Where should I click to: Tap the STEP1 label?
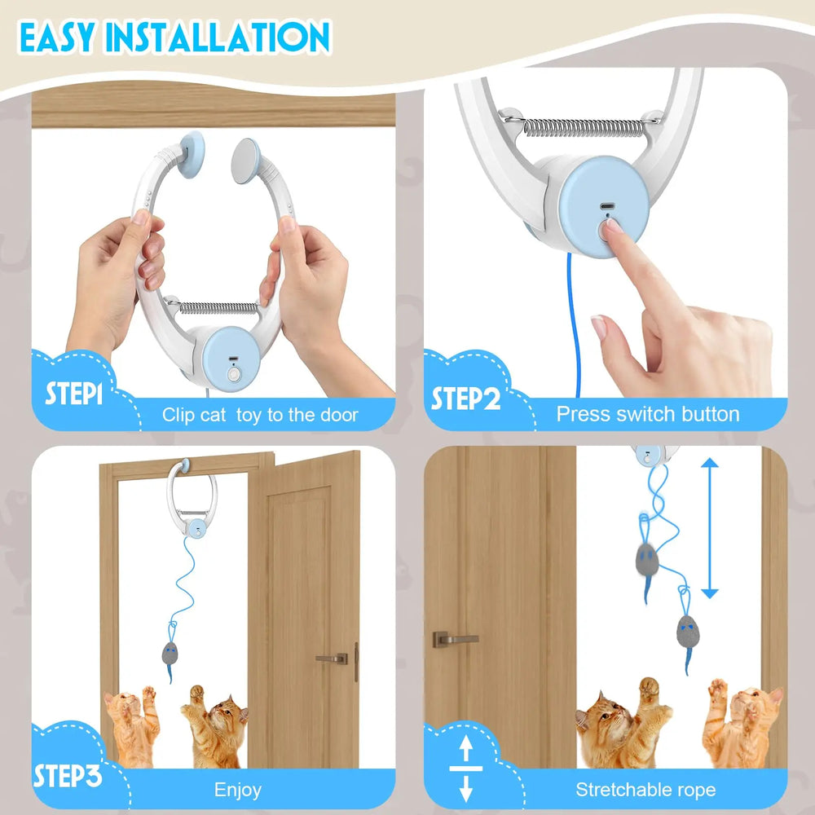click(73, 395)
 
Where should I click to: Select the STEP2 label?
click(465, 399)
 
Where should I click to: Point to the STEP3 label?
click(68, 775)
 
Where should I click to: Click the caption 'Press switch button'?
click(648, 414)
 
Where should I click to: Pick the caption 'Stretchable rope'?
click(645, 789)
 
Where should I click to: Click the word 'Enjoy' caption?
click(238, 789)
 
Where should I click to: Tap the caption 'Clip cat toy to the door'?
click(260, 415)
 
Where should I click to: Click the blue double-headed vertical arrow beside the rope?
click(710, 528)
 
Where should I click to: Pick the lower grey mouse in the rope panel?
click(689, 632)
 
